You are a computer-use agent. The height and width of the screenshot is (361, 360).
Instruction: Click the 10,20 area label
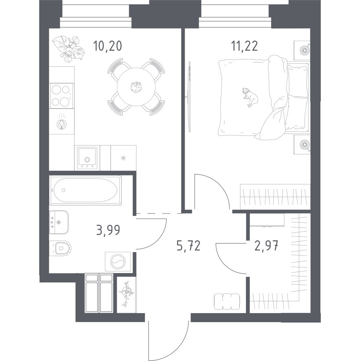(107, 46)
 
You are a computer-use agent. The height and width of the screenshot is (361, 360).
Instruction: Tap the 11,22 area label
(244, 46)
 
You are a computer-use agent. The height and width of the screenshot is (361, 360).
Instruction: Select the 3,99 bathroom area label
(108, 230)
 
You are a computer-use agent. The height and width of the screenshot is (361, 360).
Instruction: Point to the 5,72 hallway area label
(188, 245)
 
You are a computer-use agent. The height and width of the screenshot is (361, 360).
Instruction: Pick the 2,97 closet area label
(267, 245)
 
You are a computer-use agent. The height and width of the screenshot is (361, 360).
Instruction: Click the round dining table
(136, 87)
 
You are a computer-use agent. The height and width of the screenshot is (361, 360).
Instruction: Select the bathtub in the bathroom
(85, 190)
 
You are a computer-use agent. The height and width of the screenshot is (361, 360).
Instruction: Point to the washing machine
(118, 262)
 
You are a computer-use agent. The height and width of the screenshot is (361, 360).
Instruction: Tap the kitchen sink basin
(87, 158)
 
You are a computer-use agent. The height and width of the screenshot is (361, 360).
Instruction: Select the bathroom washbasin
(59, 222)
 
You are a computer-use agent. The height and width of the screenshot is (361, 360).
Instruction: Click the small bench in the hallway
(227, 302)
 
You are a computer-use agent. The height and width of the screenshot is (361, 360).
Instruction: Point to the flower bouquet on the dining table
(136, 87)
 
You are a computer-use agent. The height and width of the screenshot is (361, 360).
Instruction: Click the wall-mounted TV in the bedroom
(189, 97)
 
